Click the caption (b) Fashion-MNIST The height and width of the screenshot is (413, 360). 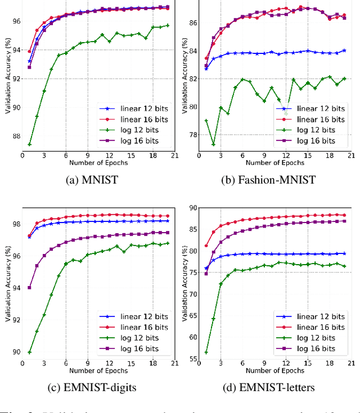271,180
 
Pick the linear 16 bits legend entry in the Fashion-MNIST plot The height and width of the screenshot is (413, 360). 315,119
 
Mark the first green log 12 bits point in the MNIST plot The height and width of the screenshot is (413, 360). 29,144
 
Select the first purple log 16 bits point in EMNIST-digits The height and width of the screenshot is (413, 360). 29,287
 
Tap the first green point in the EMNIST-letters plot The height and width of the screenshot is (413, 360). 206,352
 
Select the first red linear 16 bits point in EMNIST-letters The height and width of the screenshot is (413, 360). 206,246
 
